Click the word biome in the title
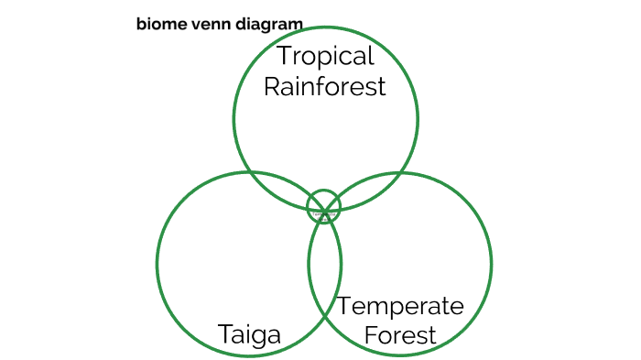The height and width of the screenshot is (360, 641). coord(158,24)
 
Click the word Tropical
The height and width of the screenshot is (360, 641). coord(325,57)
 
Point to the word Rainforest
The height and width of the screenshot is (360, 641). coord(325,86)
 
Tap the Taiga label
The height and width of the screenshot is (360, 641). coord(249,335)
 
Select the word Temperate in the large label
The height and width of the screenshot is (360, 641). coord(400,306)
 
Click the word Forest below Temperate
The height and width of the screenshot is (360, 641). coord(400,335)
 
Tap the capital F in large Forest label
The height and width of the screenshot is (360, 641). coord(371,335)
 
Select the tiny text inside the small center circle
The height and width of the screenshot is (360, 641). coord(322,215)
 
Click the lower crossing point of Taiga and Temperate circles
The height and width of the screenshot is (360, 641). coord(325,319)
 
